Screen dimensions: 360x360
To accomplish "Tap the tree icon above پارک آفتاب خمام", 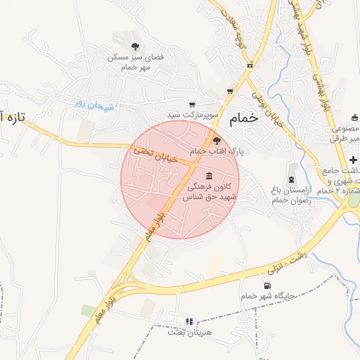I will pyautogui.click(x=217, y=140).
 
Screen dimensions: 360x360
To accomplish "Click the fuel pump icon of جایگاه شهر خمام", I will pyautogui.click(x=266, y=285).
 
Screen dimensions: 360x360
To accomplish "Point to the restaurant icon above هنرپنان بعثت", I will pyautogui.click(x=188, y=321).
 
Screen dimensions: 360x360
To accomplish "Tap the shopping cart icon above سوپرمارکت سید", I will pyautogui.click(x=192, y=104).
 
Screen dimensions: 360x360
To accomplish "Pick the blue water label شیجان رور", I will pyautogui.click(x=94, y=105).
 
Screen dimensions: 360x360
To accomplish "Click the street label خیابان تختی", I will pyautogui.click(x=150, y=153).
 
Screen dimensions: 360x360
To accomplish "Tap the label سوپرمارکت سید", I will pyautogui.click(x=194, y=113).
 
